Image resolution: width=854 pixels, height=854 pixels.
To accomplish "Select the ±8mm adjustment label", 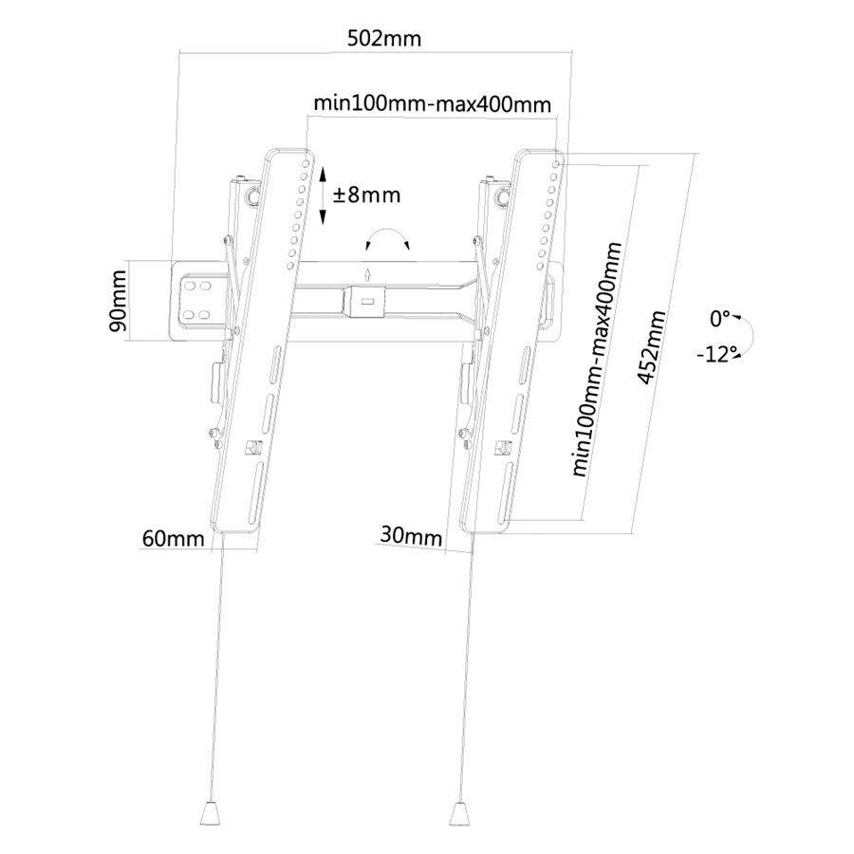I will [366, 195].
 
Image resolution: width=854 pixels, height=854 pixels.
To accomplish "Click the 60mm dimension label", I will [174, 539].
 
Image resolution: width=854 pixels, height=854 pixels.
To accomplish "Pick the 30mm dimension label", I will [412, 536].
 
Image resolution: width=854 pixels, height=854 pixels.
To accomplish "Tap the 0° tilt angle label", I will [719, 317].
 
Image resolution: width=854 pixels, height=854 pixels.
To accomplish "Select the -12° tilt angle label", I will [717, 355].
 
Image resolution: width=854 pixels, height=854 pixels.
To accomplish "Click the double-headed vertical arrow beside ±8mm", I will [323, 195].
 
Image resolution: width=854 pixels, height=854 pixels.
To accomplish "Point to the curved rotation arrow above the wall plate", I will [388, 238].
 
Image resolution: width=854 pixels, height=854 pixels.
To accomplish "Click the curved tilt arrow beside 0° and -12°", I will [747, 336].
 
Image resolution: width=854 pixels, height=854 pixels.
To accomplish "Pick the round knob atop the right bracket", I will [500, 197].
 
